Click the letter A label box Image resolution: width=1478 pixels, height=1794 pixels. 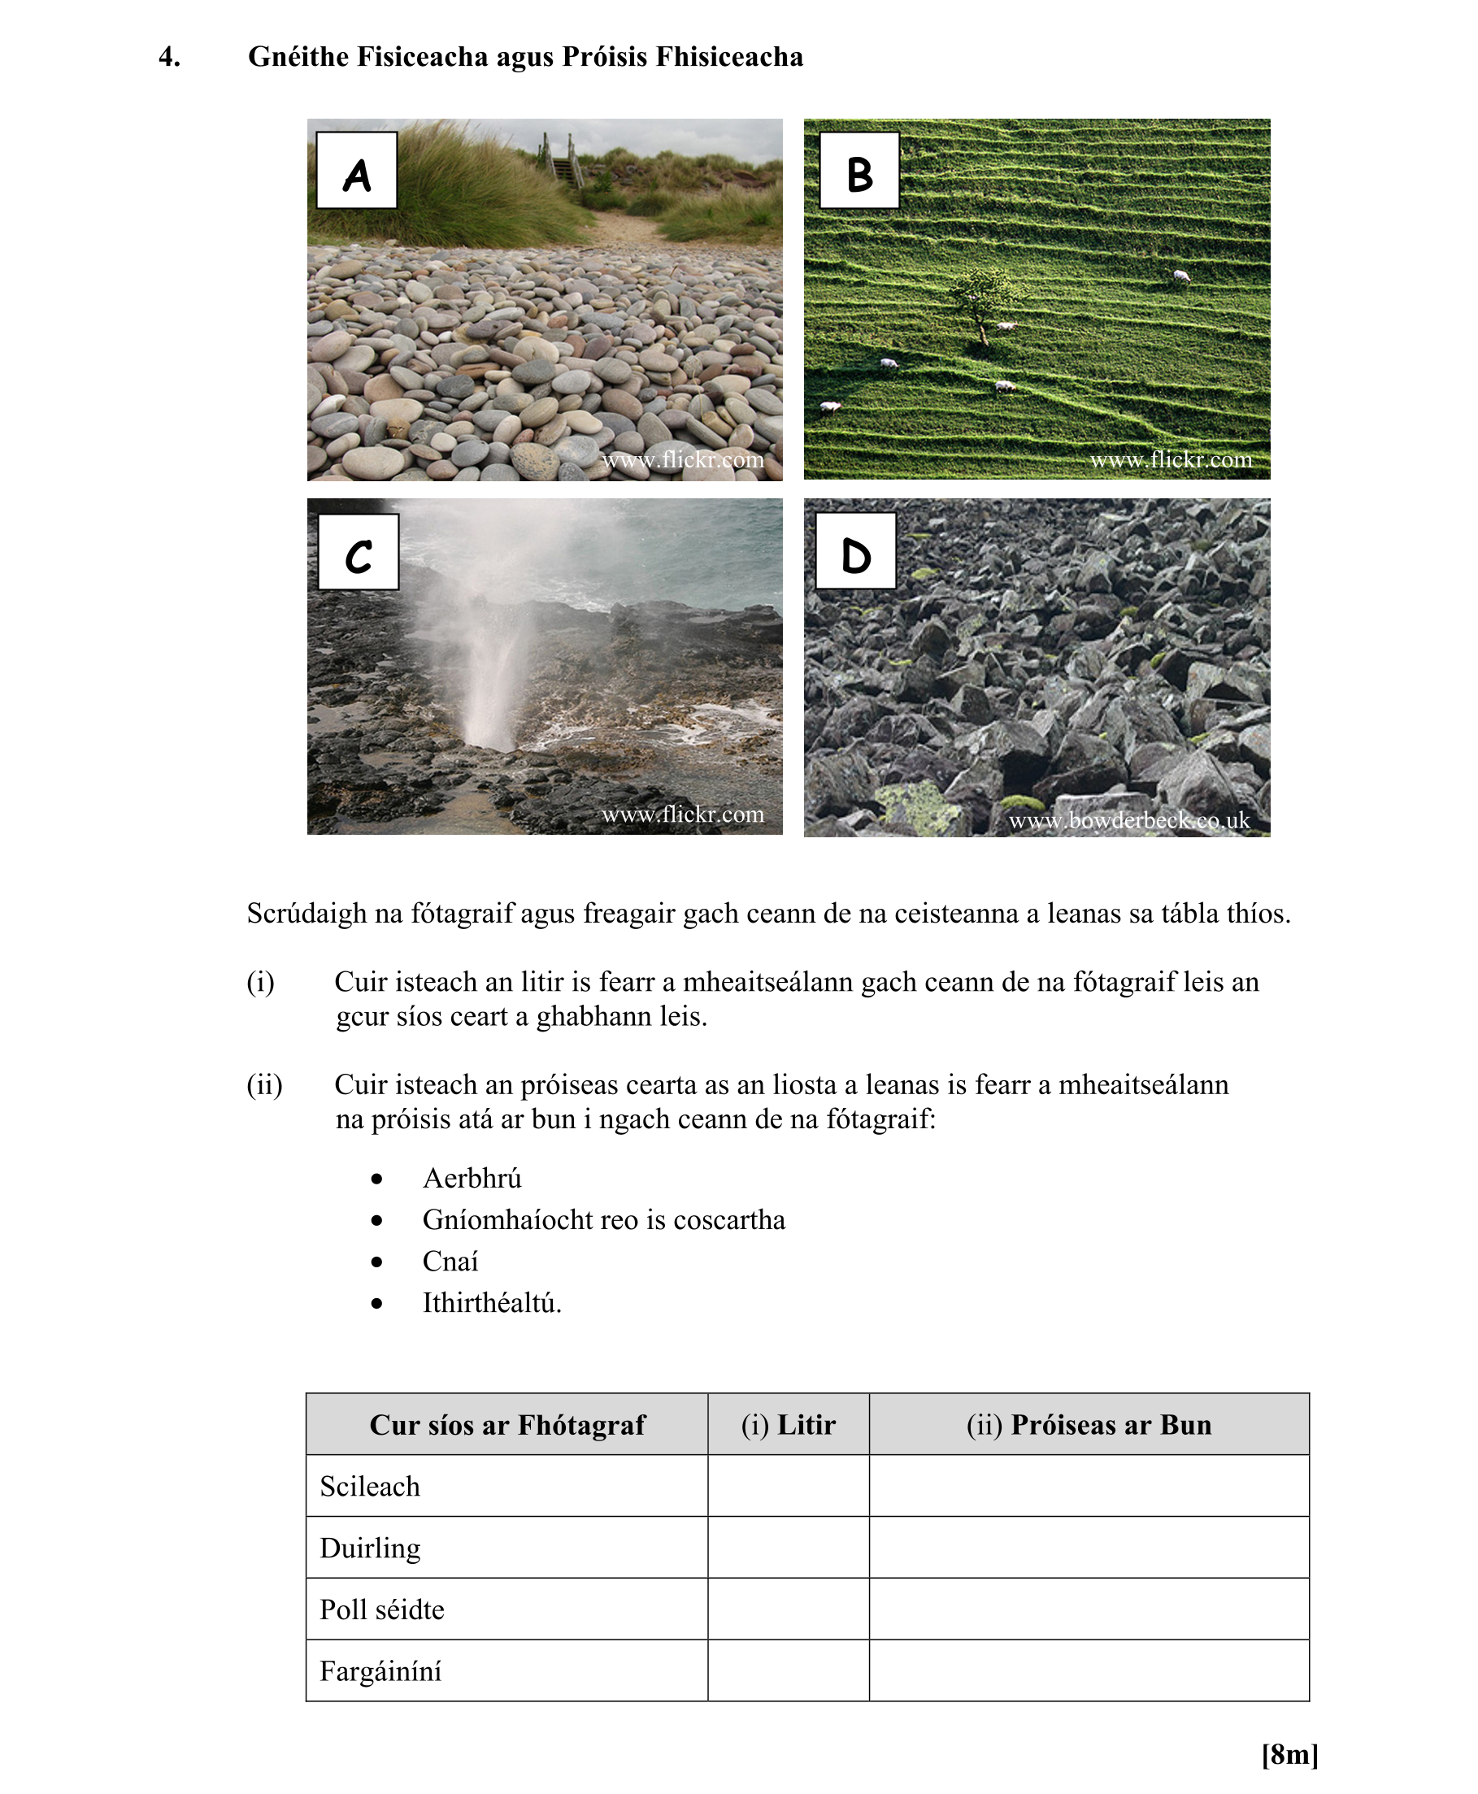coord(356,170)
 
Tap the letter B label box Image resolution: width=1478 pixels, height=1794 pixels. coord(859,170)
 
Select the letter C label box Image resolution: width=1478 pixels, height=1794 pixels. coord(358,551)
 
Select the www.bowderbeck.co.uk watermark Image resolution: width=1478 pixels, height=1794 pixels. coord(1129,820)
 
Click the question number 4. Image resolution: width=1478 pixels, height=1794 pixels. coord(169,57)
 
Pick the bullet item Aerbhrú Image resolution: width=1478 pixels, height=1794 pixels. coord(472,1179)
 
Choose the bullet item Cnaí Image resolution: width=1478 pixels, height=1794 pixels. coord(450,1262)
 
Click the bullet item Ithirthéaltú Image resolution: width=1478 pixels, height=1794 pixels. coord(491,1303)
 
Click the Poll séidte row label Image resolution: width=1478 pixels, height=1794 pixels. coord(382,1609)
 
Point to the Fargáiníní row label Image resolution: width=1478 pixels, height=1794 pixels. coord(380,1671)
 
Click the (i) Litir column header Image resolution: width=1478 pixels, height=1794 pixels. coord(789,1425)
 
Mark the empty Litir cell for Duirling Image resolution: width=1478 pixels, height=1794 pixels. coord(789,1547)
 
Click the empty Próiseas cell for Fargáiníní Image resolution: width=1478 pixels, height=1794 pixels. coord(1089,1671)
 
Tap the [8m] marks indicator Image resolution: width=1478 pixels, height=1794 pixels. coord(1289,1754)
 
